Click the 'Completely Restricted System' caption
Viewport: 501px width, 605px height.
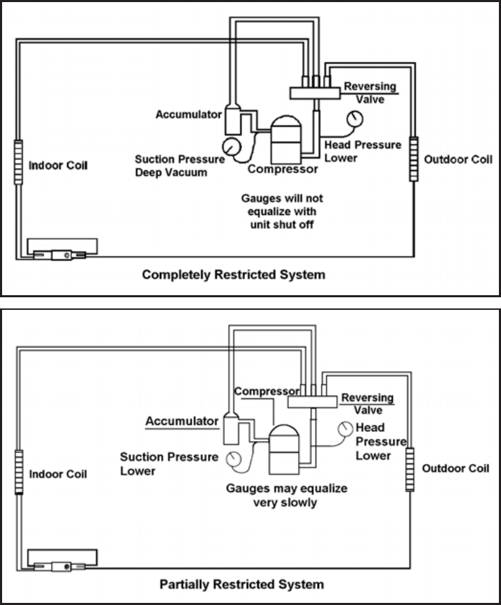(233, 275)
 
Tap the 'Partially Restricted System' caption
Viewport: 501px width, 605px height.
(241, 583)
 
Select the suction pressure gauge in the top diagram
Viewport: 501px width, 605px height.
(229, 146)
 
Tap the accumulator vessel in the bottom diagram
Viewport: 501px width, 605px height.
(232, 430)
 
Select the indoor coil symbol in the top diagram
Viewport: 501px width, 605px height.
(18, 162)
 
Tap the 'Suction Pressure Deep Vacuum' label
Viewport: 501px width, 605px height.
(179, 165)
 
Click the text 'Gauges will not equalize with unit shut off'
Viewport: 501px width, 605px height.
(281, 210)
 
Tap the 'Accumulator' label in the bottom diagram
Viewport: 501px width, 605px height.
(183, 421)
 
